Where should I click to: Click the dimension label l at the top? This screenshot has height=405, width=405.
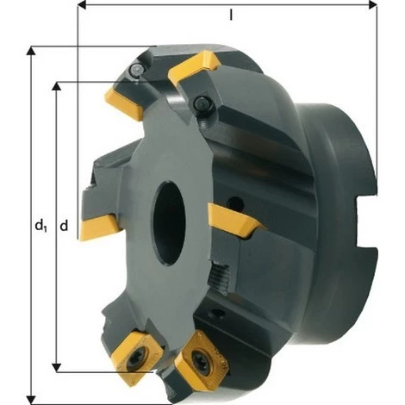[x=231, y=16]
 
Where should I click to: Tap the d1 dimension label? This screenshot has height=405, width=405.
[x=40, y=226]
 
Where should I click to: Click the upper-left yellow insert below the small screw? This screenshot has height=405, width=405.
[x=122, y=100]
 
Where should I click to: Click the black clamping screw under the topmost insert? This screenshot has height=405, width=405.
[x=204, y=104]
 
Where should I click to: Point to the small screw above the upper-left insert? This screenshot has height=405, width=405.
[x=139, y=72]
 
